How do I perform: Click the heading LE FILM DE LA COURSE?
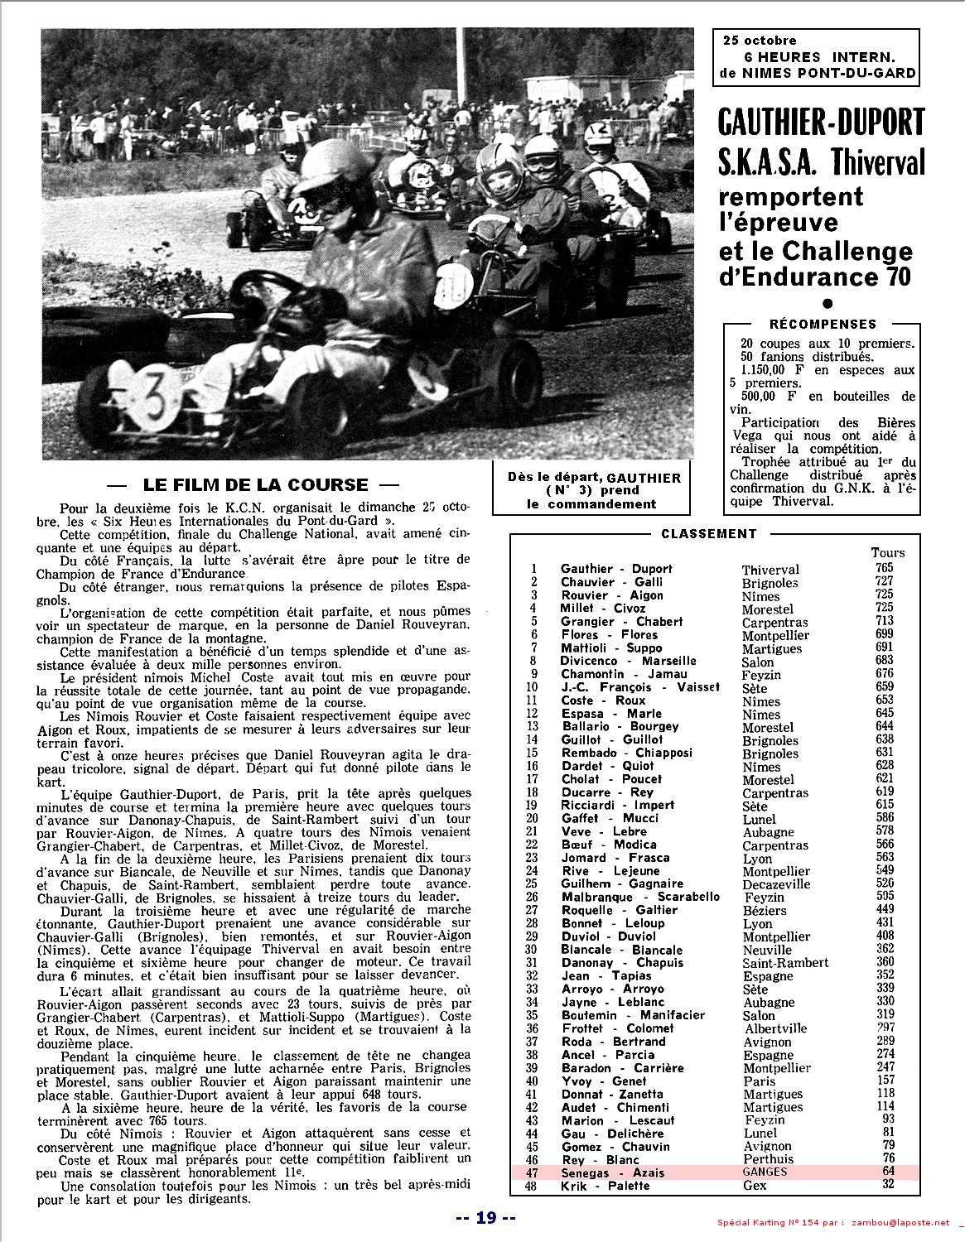click(255, 485)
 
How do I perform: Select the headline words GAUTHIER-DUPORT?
click(820, 123)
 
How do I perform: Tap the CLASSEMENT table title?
click(708, 534)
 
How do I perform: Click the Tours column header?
click(887, 552)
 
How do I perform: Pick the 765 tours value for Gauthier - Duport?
click(884, 568)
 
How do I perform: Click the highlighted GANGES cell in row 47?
click(765, 1172)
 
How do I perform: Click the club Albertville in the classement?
click(774, 1028)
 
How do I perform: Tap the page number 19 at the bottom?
click(486, 1217)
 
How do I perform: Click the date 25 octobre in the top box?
click(759, 40)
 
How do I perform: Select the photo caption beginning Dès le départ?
click(593, 490)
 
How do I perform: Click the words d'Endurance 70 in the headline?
click(814, 277)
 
